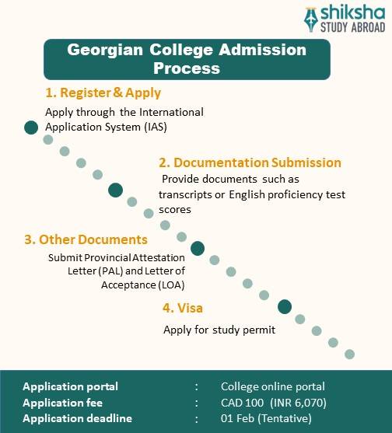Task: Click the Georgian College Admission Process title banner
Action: click(187, 58)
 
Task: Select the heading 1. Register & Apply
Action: click(103, 93)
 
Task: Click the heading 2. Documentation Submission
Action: click(250, 162)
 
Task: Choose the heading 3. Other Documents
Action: click(86, 239)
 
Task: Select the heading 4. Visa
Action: click(182, 308)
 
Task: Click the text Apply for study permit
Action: click(219, 330)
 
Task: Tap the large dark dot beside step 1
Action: click(31, 127)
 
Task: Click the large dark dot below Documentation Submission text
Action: click(116, 190)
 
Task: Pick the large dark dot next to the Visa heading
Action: click(285, 306)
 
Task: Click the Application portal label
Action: click(71, 386)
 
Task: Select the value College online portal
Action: click(273, 386)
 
